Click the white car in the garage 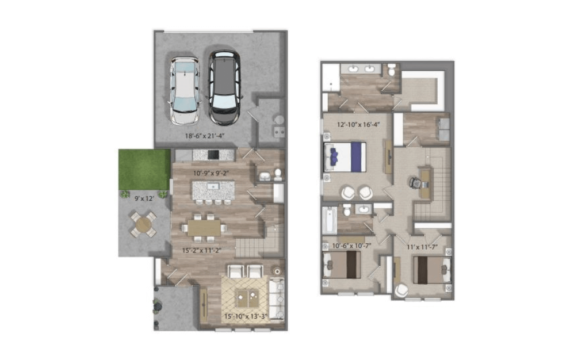[185, 90]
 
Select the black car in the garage [224, 87]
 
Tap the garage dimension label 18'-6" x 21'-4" [205, 136]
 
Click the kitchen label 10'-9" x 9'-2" [211, 173]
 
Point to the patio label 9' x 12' [144, 198]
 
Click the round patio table [143, 224]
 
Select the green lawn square [144, 169]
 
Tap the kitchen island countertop [213, 190]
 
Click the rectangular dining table [204, 228]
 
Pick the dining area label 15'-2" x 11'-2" [202, 251]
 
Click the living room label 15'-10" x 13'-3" [246, 316]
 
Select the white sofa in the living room [277, 299]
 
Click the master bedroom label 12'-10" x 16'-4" [358, 124]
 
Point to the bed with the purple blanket [345, 157]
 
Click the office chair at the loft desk [415, 182]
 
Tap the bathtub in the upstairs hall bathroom [330, 220]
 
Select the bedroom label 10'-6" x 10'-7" [351, 246]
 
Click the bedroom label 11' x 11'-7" [422, 247]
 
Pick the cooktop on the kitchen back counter [213, 155]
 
